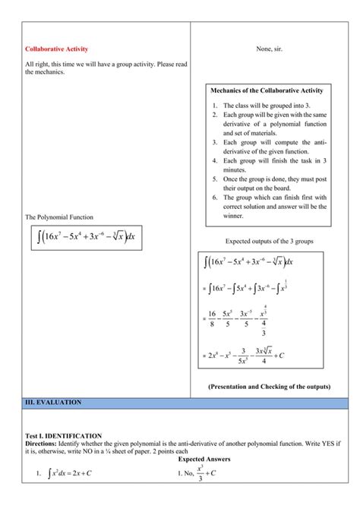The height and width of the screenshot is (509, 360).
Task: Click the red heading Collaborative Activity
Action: (x=55, y=49)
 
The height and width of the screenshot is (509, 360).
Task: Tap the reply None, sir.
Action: (x=270, y=49)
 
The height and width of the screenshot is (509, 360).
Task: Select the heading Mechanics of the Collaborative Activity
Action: (x=270, y=91)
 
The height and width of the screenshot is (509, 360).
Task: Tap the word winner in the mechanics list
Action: (x=236, y=215)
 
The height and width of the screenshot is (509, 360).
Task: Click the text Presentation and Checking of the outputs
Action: (x=269, y=386)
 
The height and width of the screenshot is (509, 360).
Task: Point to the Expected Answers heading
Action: (x=206, y=460)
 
